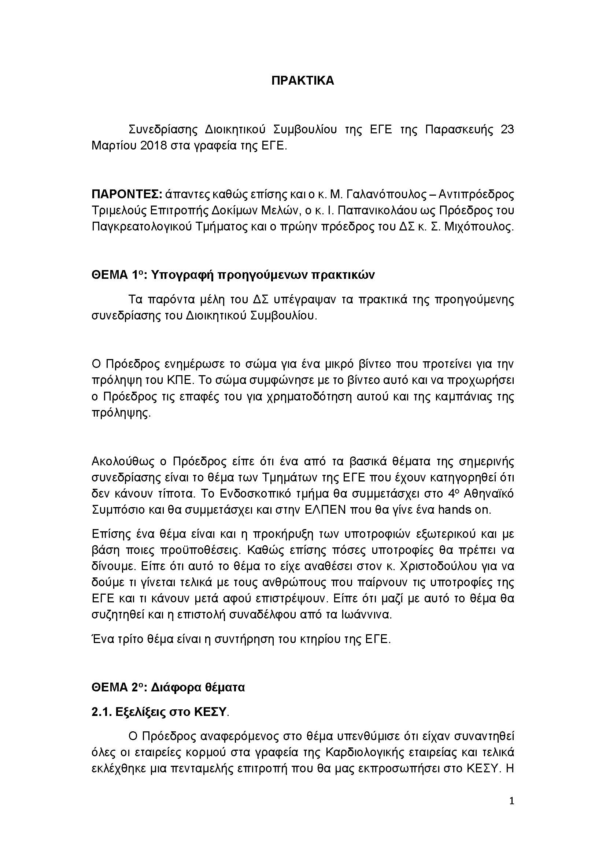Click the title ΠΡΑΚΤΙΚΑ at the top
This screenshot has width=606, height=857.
(303, 81)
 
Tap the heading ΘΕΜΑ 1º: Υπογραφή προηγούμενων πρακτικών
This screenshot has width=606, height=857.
(233, 275)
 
